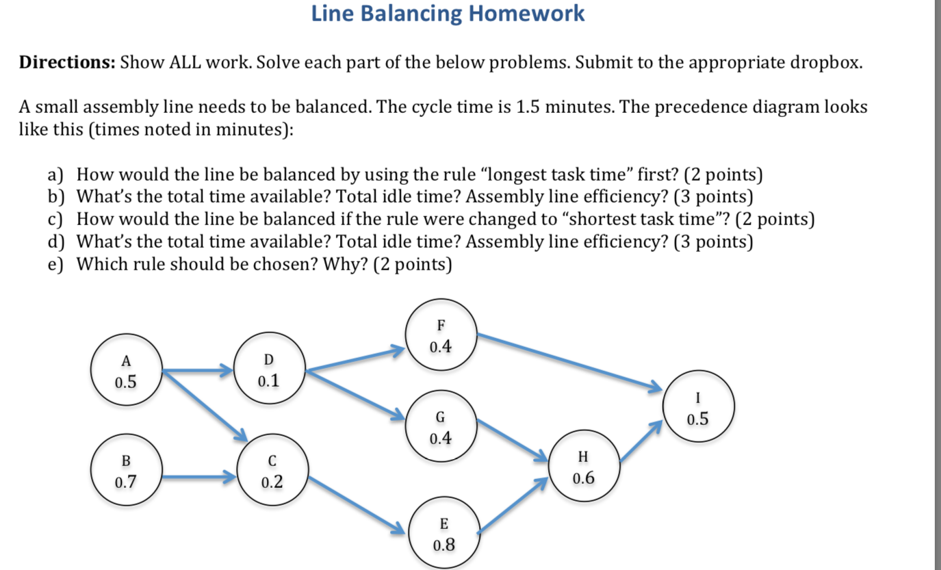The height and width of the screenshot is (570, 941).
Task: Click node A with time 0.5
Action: pyautogui.click(x=126, y=371)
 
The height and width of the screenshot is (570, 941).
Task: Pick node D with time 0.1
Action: pyautogui.click(x=268, y=370)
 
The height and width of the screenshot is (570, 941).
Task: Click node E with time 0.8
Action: pyautogui.click(x=443, y=534)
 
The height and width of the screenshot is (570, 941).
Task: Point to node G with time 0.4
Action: pyautogui.click(x=440, y=427)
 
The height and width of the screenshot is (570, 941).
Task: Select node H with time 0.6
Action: pyautogui.click(x=583, y=467)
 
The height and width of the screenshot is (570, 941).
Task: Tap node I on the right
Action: pyautogui.click(x=698, y=408)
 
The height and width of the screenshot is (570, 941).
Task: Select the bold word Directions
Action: pyautogui.click(x=66, y=64)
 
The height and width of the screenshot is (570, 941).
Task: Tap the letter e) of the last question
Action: pyautogui.click(x=55, y=264)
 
